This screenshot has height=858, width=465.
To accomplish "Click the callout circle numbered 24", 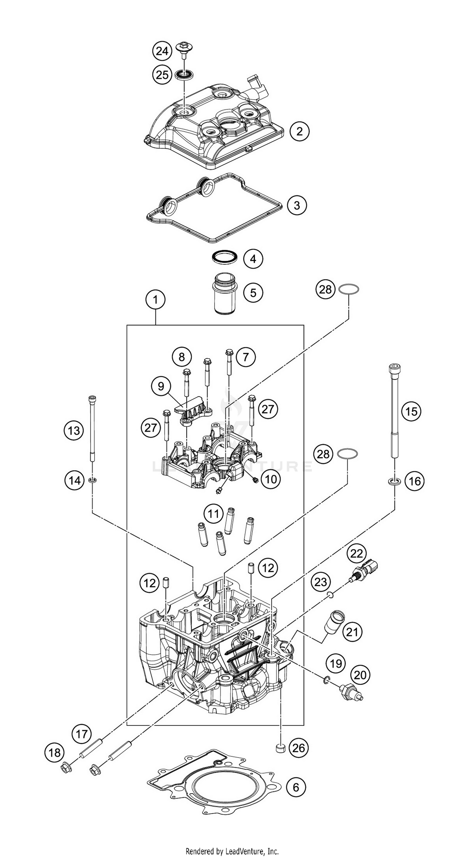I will click(162, 51).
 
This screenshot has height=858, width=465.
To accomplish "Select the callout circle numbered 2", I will click(299, 131).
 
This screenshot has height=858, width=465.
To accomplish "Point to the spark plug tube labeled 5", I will click(225, 293).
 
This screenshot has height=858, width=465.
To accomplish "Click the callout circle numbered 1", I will click(155, 300).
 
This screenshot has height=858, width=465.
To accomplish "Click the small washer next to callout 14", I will click(92, 480).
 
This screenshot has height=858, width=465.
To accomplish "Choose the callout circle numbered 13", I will click(74, 431).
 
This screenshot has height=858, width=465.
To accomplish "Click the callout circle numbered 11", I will click(213, 514).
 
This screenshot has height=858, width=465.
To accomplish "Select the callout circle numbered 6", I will click(295, 787).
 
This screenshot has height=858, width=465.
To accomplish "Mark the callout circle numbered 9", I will click(161, 387).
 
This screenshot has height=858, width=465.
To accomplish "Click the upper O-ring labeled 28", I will click(348, 289).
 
